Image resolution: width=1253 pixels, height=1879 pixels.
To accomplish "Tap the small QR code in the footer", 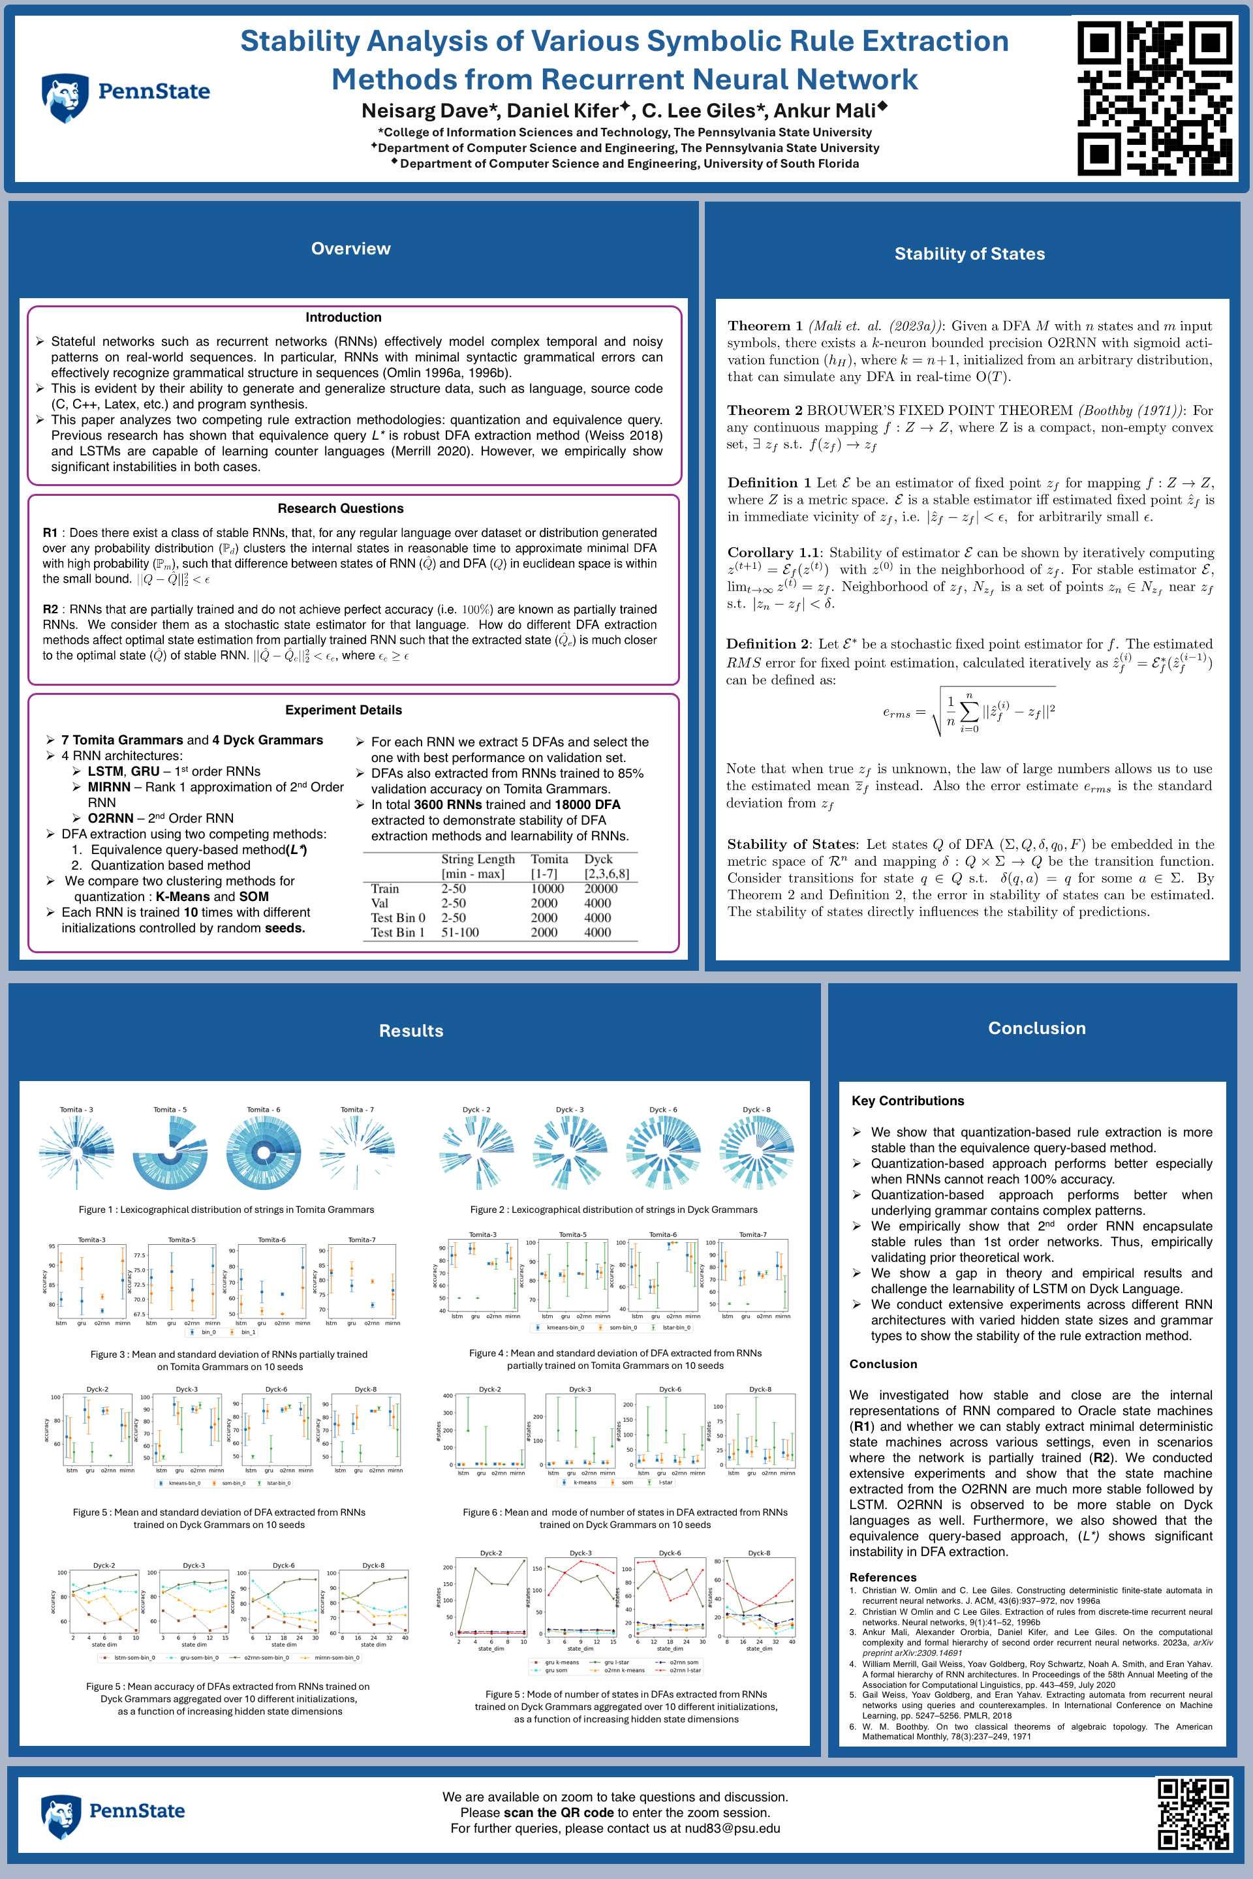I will (x=1193, y=1814).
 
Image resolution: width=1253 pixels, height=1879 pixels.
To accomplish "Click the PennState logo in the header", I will (x=125, y=97).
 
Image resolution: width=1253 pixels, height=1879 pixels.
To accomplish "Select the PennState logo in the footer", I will (x=113, y=1814).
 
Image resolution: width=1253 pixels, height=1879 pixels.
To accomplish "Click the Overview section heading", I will (x=351, y=249).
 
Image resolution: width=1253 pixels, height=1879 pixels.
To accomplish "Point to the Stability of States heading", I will (x=969, y=254).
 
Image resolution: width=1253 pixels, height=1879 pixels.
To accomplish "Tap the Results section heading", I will (x=410, y=1031).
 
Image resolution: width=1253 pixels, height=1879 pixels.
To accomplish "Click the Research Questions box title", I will (x=341, y=508).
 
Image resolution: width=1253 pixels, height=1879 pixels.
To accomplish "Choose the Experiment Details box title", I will (x=344, y=710).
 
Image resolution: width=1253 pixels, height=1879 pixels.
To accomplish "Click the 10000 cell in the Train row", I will (x=548, y=889).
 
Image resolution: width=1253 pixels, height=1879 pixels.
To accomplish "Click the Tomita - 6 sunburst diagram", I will (x=264, y=1153).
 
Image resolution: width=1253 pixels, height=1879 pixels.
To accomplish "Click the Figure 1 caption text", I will (x=226, y=1210).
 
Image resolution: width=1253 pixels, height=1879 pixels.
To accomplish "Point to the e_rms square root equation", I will (x=968, y=711).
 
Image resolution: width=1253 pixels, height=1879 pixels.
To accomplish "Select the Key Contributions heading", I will (x=908, y=1101).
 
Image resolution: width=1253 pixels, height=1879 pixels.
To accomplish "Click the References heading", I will (x=883, y=1577).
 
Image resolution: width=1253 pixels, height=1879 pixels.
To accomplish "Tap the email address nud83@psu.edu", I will (x=732, y=1828).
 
